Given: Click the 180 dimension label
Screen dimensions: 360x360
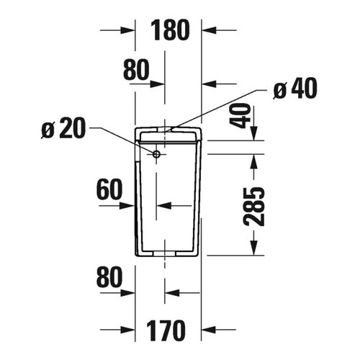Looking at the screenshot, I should click(170, 30).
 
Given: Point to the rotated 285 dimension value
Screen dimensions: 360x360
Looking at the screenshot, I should click(255, 206).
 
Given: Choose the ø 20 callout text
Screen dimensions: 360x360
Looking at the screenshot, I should click(63, 130).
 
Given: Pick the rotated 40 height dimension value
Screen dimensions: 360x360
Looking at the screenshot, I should click(244, 116).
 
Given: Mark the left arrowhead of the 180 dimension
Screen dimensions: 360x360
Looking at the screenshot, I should click(130, 30).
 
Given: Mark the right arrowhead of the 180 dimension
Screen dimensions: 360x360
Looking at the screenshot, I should click(207, 30).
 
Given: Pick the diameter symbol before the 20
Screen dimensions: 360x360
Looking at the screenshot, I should click(48, 131).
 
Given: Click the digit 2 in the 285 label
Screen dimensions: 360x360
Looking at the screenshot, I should click(255, 220).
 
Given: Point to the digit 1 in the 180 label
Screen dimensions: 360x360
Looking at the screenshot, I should click(156, 30).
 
